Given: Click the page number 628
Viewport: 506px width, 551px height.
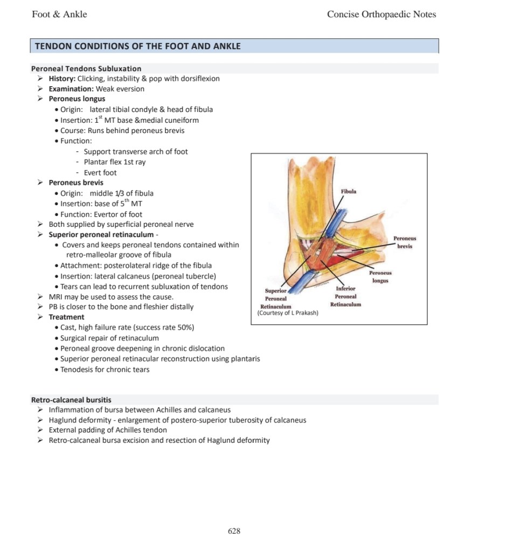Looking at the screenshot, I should click(x=234, y=531).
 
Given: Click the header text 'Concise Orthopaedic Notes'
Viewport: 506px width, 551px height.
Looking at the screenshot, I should click(x=382, y=15).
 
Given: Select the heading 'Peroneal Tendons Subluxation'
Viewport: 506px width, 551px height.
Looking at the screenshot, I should click(x=86, y=68).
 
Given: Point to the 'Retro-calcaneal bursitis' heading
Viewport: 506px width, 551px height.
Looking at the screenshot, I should click(x=71, y=400).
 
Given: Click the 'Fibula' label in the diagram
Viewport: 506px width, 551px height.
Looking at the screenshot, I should click(x=349, y=191).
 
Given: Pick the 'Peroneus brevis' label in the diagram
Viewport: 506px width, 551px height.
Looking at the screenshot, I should click(x=405, y=242).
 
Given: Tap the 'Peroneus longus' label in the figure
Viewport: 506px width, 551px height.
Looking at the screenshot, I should click(x=380, y=277).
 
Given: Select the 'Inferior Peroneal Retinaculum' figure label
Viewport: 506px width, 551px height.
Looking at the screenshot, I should click(x=345, y=297).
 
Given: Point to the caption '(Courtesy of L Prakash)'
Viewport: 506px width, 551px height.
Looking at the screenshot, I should click(x=288, y=313).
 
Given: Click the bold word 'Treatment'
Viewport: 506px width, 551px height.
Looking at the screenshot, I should click(x=66, y=317).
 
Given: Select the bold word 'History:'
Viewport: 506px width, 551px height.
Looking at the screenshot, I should click(x=62, y=79).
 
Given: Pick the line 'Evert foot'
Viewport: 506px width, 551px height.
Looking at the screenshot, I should click(x=100, y=173).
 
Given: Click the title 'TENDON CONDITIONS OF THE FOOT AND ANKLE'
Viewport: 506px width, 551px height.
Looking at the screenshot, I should click(x=137, y=46).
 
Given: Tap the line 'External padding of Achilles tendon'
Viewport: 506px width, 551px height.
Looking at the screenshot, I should click(x=108, y=430).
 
